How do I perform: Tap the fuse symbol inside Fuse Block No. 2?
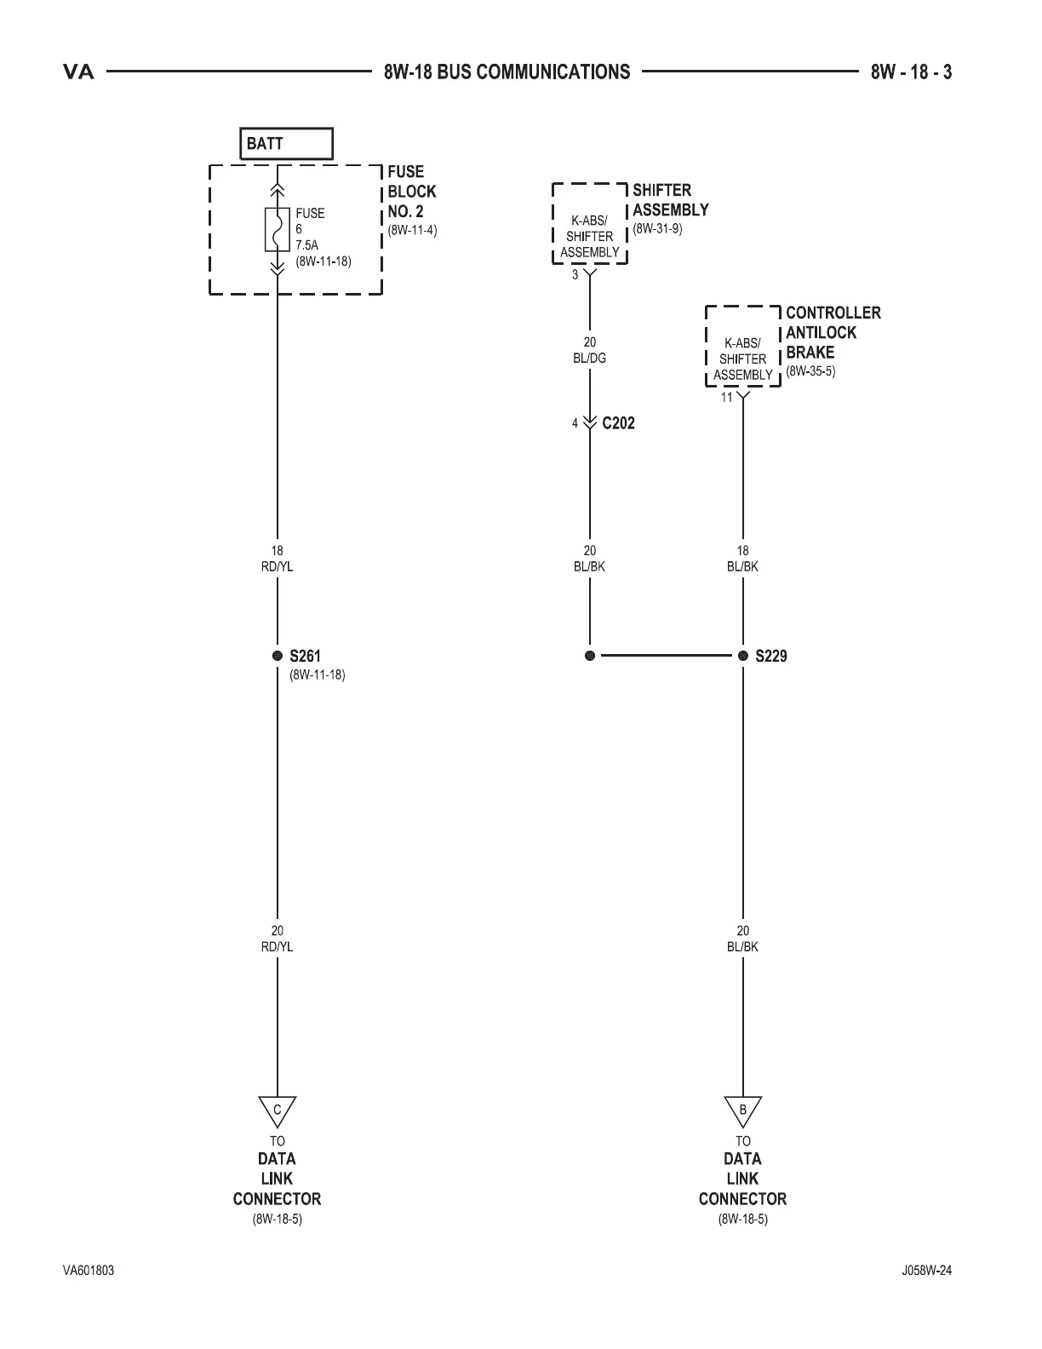277,229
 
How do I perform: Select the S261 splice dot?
277,656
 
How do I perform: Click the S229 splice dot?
742,656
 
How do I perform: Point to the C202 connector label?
618,423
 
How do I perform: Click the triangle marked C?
277,1110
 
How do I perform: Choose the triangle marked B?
742,1110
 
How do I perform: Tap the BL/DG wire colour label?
590,359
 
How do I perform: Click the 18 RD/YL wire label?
277,559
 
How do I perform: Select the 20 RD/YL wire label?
277,939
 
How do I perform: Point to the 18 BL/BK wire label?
742,559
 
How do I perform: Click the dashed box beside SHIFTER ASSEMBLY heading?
590,223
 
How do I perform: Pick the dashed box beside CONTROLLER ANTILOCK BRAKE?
742,347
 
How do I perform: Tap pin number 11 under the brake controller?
726,398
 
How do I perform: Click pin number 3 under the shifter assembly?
575,275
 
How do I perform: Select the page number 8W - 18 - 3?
911,72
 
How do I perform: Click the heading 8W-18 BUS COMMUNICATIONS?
507,72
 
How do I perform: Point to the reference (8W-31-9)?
657,230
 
